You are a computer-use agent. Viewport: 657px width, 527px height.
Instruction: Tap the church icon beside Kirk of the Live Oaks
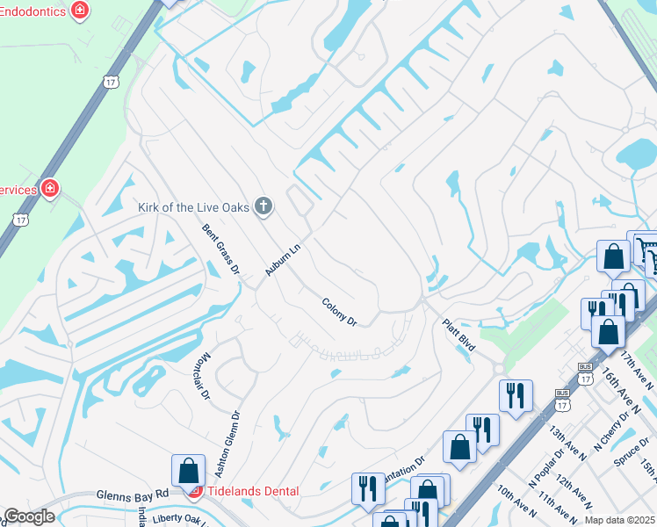point(263,207)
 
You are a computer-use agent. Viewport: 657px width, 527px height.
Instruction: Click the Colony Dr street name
point(339,312)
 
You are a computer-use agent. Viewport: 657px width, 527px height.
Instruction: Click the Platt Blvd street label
point(458,335)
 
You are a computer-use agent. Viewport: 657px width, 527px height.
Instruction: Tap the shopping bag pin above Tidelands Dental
point(189,472)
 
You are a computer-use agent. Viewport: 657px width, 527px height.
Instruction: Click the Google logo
point(28,516)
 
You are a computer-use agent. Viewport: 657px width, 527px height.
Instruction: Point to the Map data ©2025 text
point(619,520)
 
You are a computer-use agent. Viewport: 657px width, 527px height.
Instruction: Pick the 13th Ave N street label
point(567,440)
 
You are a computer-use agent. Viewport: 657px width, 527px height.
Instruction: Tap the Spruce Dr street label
point(631,459)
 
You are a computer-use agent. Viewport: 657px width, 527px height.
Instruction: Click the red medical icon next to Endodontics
point(81,10)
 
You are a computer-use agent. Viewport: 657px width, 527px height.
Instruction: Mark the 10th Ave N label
point(515,505)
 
